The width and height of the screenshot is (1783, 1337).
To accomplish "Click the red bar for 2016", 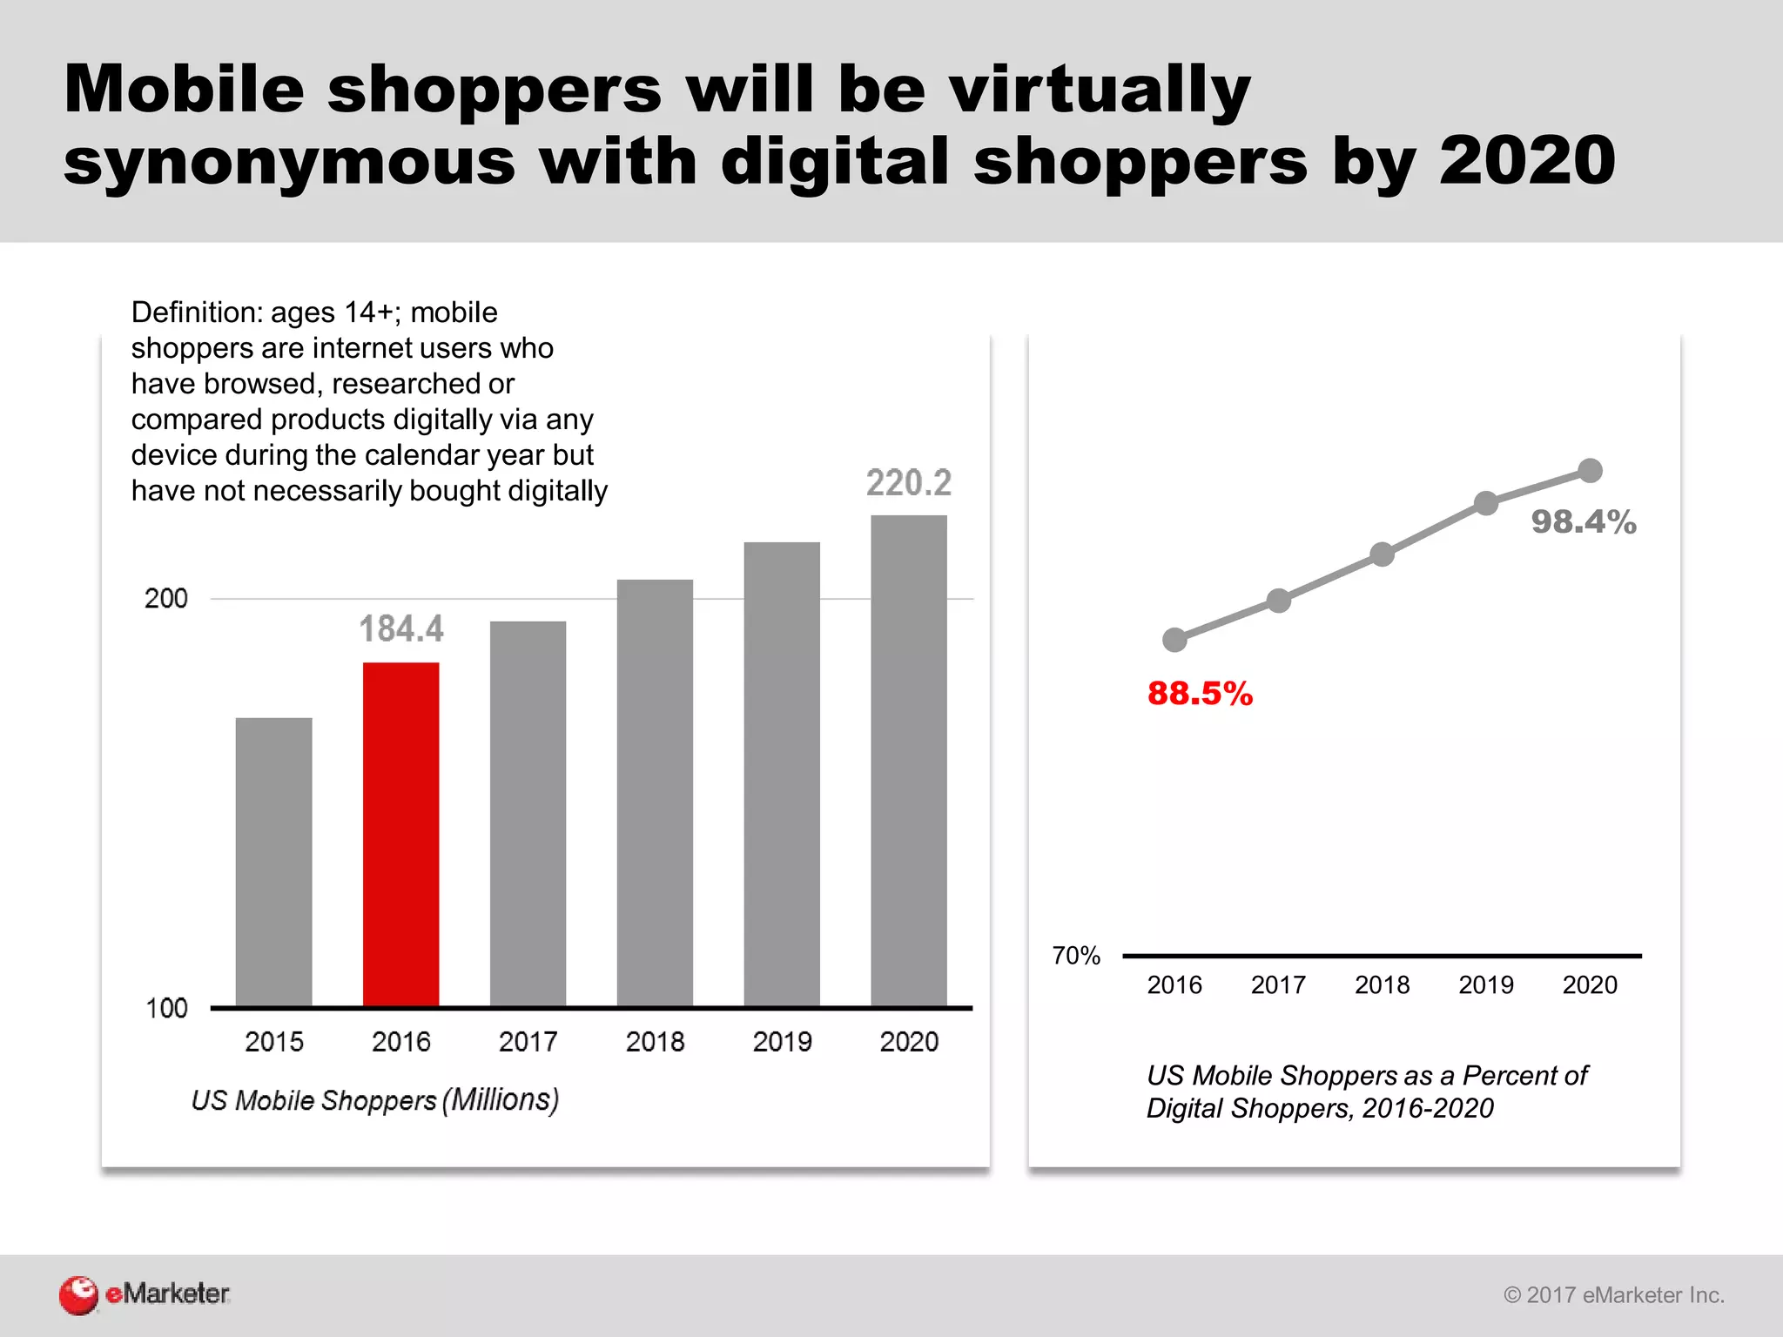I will (400, 834).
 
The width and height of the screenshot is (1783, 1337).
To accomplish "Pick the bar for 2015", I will (273, 862).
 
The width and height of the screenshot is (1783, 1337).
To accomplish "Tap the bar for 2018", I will (655, 792).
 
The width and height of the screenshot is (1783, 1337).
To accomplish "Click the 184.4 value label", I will (401, 628).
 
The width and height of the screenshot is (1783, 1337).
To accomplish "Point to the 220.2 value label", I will (908, 483).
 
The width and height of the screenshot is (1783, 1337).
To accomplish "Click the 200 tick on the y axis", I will (165, 599).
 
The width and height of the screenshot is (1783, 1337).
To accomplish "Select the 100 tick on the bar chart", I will (165, 1008).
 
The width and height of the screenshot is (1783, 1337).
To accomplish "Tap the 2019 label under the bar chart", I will (781, 1041).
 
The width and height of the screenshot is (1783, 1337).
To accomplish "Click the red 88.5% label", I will (1199, 694).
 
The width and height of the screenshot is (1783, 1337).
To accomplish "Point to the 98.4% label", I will (1583, 522).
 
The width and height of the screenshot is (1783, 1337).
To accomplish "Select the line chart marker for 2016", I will (1174, 640).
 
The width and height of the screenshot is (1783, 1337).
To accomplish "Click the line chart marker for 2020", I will (1590, 471).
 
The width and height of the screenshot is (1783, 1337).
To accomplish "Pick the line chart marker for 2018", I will (1382, 554).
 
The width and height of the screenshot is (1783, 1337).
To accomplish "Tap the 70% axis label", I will (1076, 956).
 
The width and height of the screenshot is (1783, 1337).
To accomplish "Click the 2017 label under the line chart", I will (1277, 984).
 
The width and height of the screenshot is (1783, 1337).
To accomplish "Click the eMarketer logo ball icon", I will (78, 1294).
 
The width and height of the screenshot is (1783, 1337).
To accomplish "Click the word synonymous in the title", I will (289, 162).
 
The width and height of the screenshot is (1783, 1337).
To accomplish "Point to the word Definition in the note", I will (196, 312).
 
